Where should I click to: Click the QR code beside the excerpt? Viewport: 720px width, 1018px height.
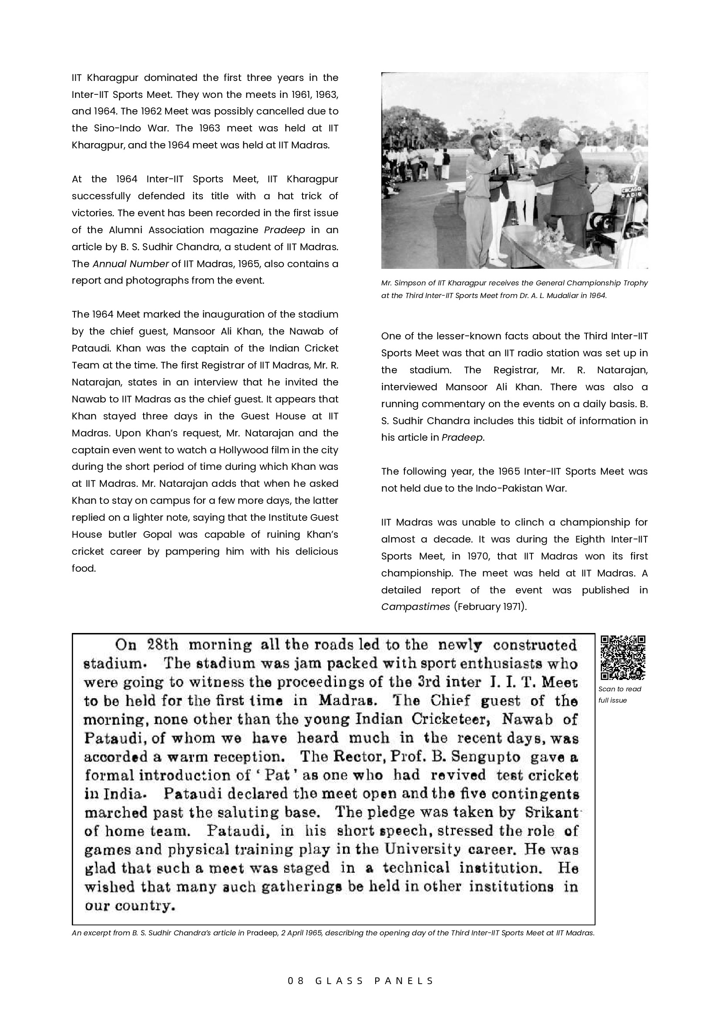(x=622, y=658)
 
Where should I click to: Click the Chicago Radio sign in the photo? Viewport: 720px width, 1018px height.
(x=629, y=191)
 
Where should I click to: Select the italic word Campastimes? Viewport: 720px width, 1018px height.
(x=415, y=606)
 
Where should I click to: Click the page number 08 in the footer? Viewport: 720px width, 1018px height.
(x=296, y=981)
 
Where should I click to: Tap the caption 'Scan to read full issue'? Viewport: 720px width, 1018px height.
(x=619, y=694)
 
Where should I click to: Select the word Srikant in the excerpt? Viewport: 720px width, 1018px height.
(x=552, y=812)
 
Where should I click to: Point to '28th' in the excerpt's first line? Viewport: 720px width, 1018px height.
(x=162, y=645)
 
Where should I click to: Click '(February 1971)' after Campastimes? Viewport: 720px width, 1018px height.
(x=490, y=606)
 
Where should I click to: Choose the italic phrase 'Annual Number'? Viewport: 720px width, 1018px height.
(x=131, y=264)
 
